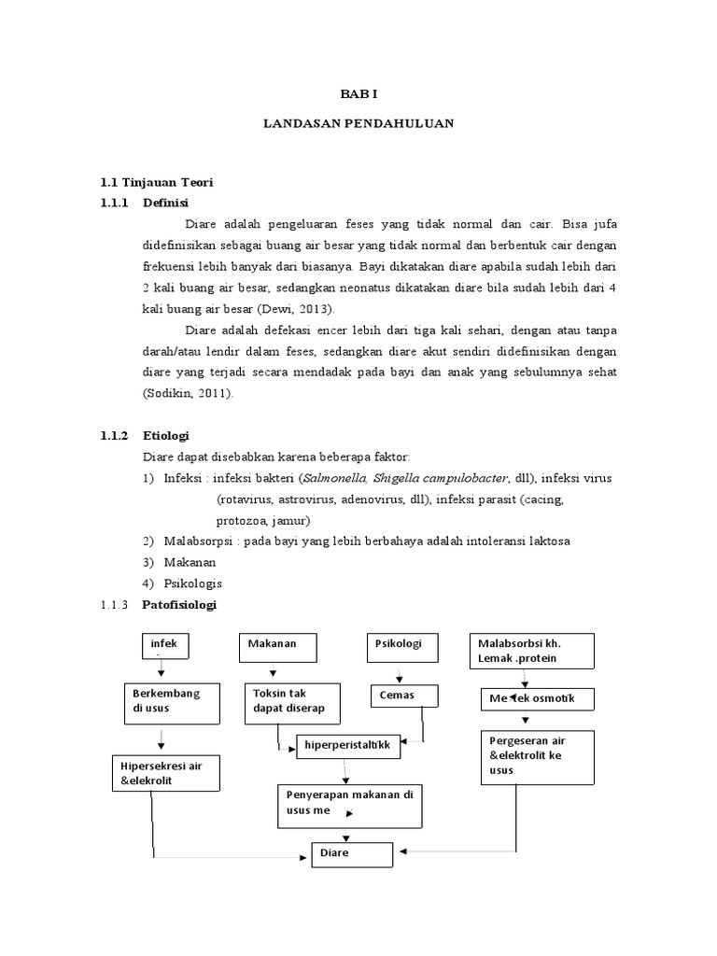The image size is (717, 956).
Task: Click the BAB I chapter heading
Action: coord(358,95)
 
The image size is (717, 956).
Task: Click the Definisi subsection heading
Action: coord(165,202)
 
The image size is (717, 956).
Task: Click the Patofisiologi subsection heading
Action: coord(179,605)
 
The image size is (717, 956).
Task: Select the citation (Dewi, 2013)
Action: coord(292,309)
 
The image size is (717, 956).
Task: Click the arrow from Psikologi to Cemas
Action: coord(400,673)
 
